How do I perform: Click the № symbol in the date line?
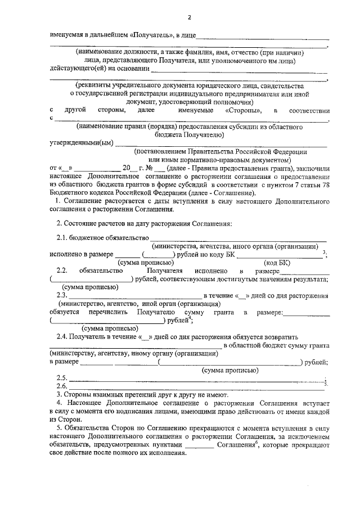coord(149,168)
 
